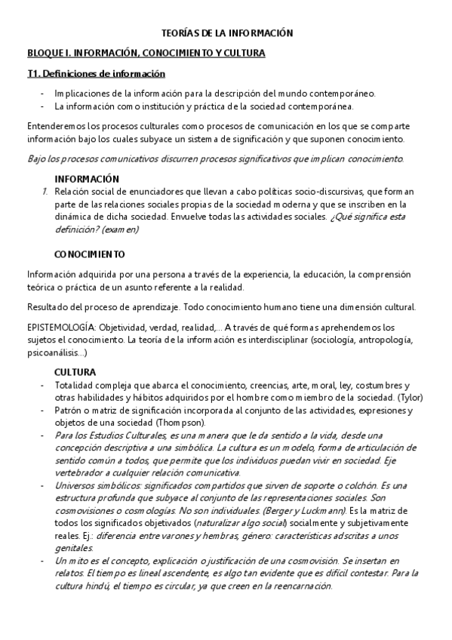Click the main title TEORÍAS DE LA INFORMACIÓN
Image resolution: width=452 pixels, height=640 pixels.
click(227, 33)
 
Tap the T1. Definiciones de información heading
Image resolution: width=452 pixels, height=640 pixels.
click(96, 74)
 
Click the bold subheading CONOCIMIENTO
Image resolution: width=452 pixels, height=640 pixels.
click(90, 254)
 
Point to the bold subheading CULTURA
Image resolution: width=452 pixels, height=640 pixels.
click(75, 372)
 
